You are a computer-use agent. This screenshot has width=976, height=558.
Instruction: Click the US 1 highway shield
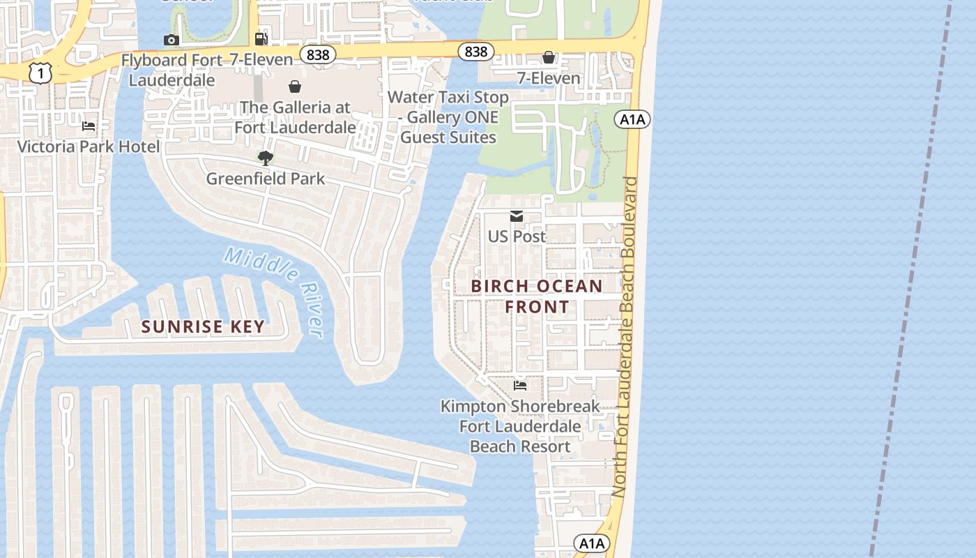pyautogui.click(x=41, y=73)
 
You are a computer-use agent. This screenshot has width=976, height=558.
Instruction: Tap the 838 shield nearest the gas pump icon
pyautogui.click(x=318, y=54)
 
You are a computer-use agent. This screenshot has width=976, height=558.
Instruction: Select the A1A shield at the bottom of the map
pyautogui.click(x=592, y=543)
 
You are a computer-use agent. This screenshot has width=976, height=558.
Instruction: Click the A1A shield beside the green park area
pyautogui.click(x=632, y=119)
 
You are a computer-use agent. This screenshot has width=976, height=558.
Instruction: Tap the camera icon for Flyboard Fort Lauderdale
pyautogui.click(x=171, y=40)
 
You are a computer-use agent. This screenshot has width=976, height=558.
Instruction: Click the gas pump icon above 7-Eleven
pyautogui.click(x=261, y=39)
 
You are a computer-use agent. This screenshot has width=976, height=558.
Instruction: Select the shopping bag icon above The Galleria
pyautogui.click(x=295, y=86)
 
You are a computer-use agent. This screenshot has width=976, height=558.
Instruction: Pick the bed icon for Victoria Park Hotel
pyautogui.click(x=89, y=126)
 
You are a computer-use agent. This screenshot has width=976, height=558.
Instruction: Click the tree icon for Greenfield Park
pyautogui.click(x=265, y=158)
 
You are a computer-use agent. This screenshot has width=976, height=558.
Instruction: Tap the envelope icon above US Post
pyautogui.click(x=517, y=216)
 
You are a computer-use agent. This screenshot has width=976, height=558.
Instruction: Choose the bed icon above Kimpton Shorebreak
pyautogui.click(x=520, y=385)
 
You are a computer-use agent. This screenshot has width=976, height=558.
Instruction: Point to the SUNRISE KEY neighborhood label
pyautogui.click(x=203, y=326)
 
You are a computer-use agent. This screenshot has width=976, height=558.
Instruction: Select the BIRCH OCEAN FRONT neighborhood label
pyautogui.click(x=537, y=296)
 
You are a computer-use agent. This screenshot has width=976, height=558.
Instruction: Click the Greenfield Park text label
pyautogui.click(x=266, y=179)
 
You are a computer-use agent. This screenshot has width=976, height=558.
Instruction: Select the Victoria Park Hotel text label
pyautogui.click(x=89, y=146)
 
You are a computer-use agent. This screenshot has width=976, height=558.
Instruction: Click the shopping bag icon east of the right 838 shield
pyautogui.click(x=549, y=57)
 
